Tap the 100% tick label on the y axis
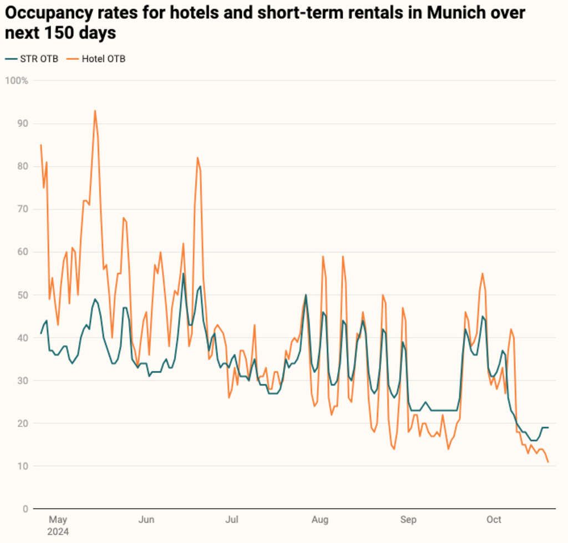(x=17, y=80)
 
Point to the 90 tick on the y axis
(x=23, y=123)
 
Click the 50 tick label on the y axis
(x=23, y=295)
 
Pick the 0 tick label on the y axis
(x=26, y=509)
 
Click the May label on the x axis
(x=58, y=520)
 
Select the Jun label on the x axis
(x=146, y=520)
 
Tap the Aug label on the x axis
(x=320, y=520)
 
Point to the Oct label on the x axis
(x=494, y=520)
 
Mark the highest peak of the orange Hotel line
(x=95, y=110)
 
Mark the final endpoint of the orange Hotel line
(x=548, y=461)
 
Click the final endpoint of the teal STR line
(x=548, y=428)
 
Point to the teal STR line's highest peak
(x=183, y=273)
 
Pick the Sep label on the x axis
(x=408, y=520)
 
